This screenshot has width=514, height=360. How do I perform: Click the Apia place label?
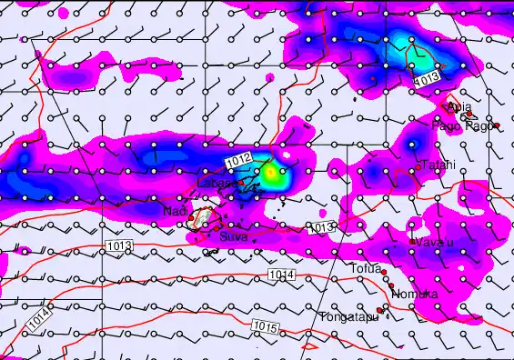(459, 106)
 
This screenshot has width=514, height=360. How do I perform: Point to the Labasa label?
(216, 183)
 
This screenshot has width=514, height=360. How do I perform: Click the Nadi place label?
(174, 212)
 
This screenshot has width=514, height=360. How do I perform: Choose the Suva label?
(233, 235)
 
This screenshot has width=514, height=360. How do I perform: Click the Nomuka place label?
(415, 295)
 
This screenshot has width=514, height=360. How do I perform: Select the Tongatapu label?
(348, 317)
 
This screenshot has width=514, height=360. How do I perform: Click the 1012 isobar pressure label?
(241, 161)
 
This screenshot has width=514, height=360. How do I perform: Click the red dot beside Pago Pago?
(497, 125)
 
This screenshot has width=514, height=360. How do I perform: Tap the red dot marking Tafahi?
(418, 166)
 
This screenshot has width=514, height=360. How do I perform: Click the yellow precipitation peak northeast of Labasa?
(271, 172)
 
